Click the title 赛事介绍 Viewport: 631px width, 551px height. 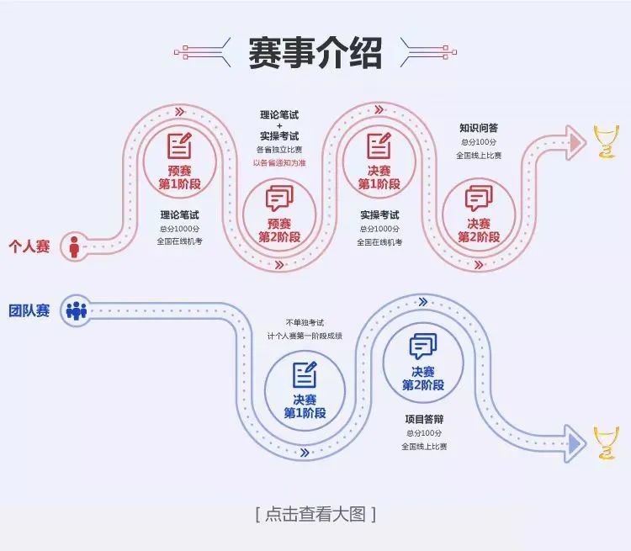[315, 52]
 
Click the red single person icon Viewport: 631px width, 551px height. [74, 246]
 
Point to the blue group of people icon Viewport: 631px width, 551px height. [76, 310]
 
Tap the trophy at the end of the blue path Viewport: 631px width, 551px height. [605, 442]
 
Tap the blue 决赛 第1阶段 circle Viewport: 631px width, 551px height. [304, 390]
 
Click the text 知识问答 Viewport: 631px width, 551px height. [478, 128]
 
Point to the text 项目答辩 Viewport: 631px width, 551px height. [424, 418]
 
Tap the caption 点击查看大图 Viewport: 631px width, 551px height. [315, 514]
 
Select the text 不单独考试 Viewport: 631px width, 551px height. [305, 322]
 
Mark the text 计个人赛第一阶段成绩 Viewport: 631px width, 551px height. [305, 336]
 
